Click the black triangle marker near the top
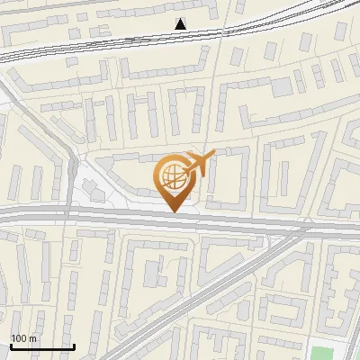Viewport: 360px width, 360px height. pyautogui.click(x=182, y=24)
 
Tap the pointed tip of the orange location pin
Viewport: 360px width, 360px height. pyautogui.click(x=174, y=212)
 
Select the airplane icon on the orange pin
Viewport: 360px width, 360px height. pyautogui.click(x=201, y=165)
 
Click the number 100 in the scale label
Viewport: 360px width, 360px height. pyautogui.click(x=18, y=338)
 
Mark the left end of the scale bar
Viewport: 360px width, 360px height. pyautogui.click(x=10, y=346)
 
